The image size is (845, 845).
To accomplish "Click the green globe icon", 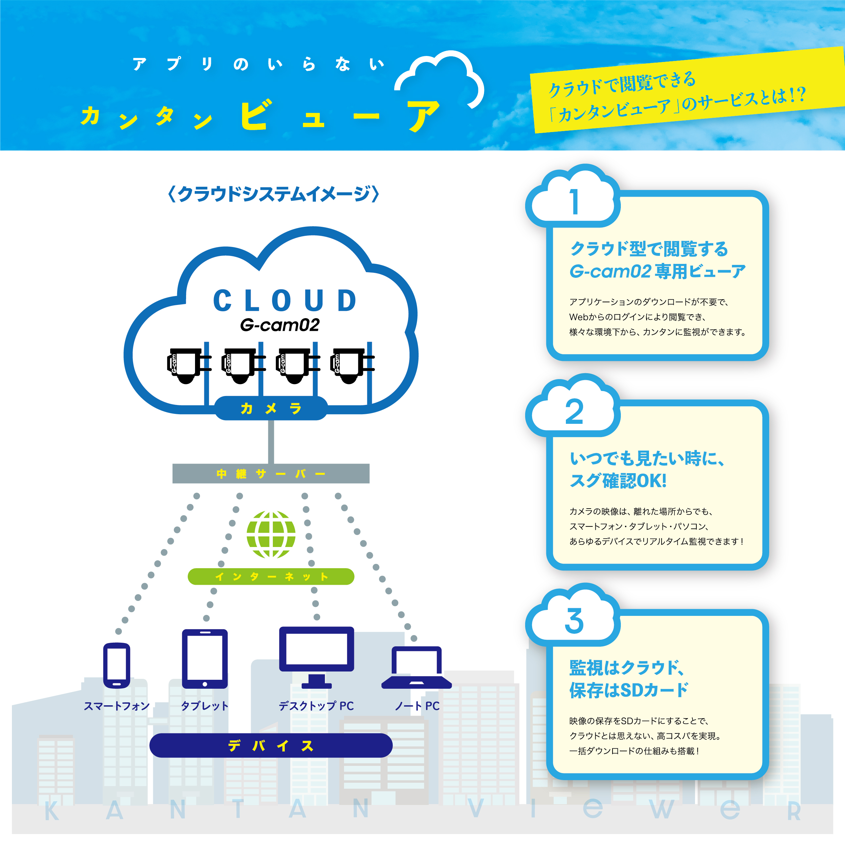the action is point(271,534).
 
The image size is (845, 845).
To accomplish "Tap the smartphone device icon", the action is point(117,666).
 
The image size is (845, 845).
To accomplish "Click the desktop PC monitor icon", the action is point(317,657).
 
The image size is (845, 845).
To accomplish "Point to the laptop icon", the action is point(417,668).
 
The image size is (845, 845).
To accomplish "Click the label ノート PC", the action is point(417,706).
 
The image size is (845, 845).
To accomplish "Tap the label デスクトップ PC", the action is point(316,706).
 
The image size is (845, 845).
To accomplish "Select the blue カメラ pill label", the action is point(271,408).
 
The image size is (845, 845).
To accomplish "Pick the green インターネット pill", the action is point(271,576).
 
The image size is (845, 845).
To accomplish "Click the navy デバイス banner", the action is point(271,745).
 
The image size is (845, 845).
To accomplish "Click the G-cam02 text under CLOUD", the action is point(280,325).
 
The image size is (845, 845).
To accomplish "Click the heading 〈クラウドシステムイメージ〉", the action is point(273,194).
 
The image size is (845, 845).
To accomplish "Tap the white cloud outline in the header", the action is point(439,79).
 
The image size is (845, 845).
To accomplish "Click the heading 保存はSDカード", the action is point(629,690).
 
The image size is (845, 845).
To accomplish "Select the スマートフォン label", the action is point(117,706).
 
